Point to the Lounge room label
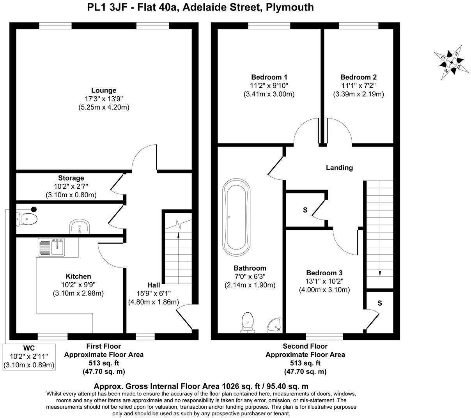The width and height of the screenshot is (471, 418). coord(104,90)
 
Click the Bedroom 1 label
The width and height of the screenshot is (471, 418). coord(269,77)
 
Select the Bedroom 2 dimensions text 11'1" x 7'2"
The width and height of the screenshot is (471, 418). coord(358,85)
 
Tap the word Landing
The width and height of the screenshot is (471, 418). coord(339,168)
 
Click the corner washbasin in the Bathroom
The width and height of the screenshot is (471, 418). coord(275,324)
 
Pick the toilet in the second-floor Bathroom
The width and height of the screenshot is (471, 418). coord(248,322)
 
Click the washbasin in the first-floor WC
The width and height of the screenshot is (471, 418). coord(80,226)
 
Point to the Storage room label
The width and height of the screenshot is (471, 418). coord(71,178)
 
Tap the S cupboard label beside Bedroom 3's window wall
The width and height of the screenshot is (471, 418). coord(379,303)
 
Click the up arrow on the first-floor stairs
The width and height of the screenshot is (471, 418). coord(179,235)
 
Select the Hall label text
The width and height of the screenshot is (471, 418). coord(154,285)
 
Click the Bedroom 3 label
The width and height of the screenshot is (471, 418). coord(324,273)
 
